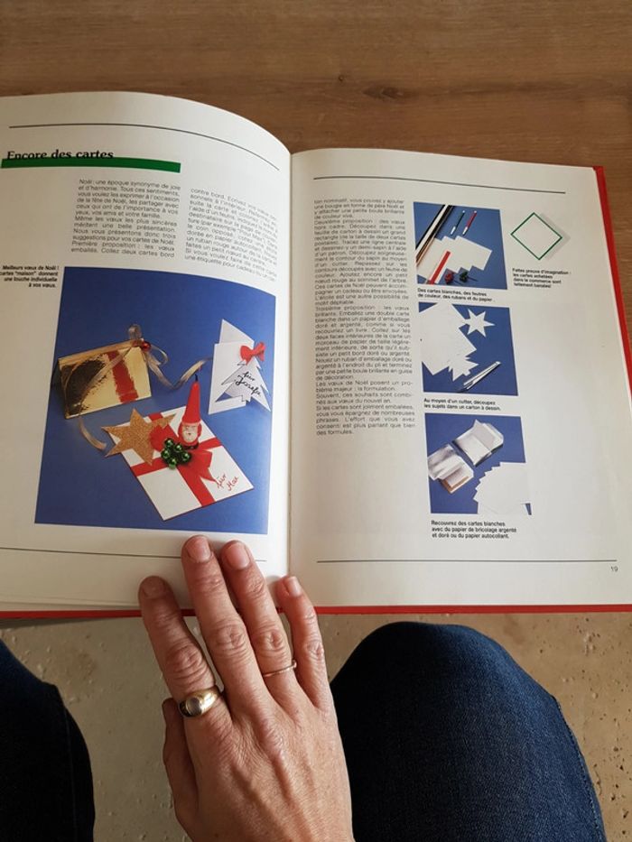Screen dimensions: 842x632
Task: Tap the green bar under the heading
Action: coord(90,165)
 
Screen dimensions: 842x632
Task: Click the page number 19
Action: coord(613,568)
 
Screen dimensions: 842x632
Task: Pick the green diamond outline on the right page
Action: coord(535,236)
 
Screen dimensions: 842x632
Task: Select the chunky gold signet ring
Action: coord(200,701)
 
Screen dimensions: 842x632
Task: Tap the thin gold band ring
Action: coord(279,670)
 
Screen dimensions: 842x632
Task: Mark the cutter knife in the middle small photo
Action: coord(483,374)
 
